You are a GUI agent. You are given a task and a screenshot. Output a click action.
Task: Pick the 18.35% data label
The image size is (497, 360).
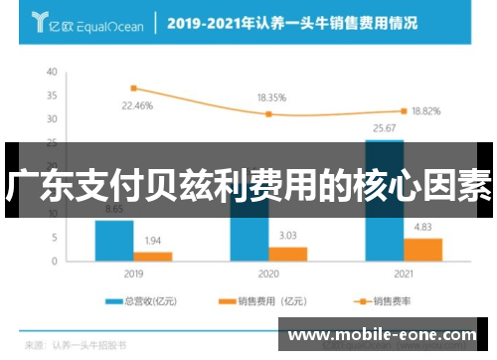(271, 98)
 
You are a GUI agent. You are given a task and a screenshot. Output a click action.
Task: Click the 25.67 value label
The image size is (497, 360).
(384, 128)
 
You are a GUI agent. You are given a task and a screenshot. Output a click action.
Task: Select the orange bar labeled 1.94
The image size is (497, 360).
(153, 256)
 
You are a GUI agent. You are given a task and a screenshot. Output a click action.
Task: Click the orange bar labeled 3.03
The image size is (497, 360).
(288, 253)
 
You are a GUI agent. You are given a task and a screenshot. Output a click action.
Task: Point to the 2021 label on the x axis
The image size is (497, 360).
(403, 272)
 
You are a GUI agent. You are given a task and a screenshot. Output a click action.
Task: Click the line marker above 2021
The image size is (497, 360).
(404, 110)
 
